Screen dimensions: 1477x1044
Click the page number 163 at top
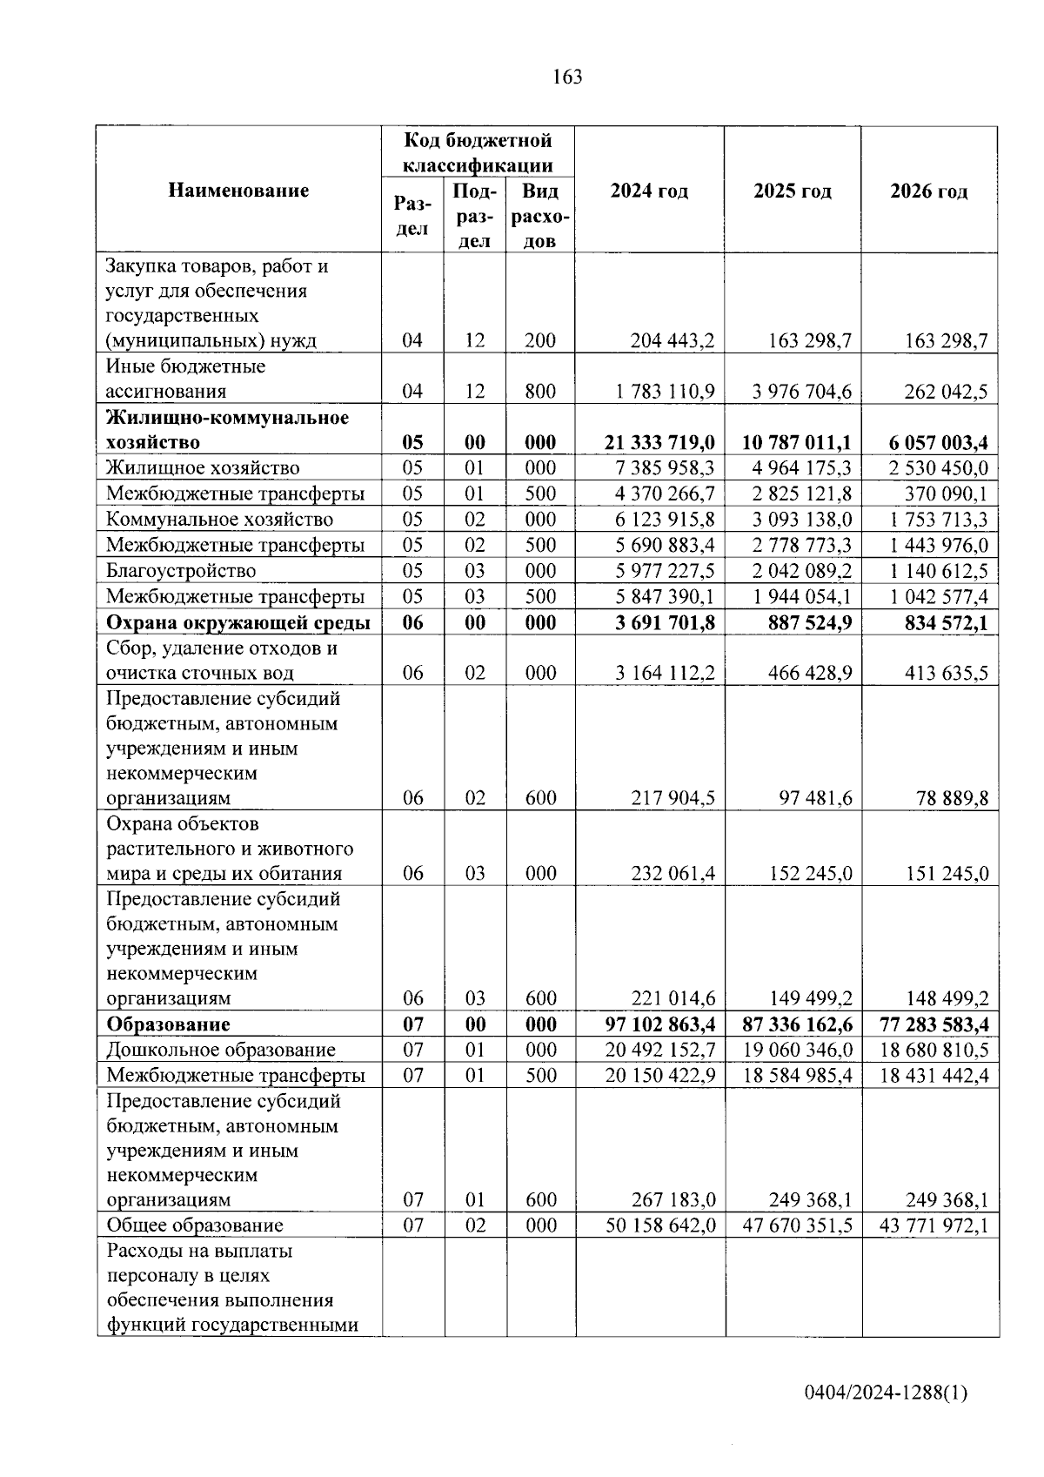pos(566,77)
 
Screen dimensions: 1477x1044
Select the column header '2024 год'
pos(649,191)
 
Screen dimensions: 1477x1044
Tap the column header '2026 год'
pos(928,191)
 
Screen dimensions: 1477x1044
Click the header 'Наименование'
pos(238,191)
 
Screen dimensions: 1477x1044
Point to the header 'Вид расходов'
pos(540,216)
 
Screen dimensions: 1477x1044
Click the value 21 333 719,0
pos(659,442)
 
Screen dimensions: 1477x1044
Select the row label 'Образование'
pos(169,1024)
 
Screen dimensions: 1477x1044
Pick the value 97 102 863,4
pos(660,1024)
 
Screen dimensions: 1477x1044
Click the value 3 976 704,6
pos(801,392)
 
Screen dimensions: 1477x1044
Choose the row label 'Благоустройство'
pos(181,571)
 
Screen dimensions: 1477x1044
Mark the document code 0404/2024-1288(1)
pos(886,1393)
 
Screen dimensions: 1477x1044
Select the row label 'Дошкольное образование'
pos(221,1050)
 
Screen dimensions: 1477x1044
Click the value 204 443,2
pos(672,340)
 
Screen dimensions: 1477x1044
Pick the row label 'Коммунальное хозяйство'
pos(219,520)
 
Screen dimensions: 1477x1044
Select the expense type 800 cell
pos(540,392)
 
